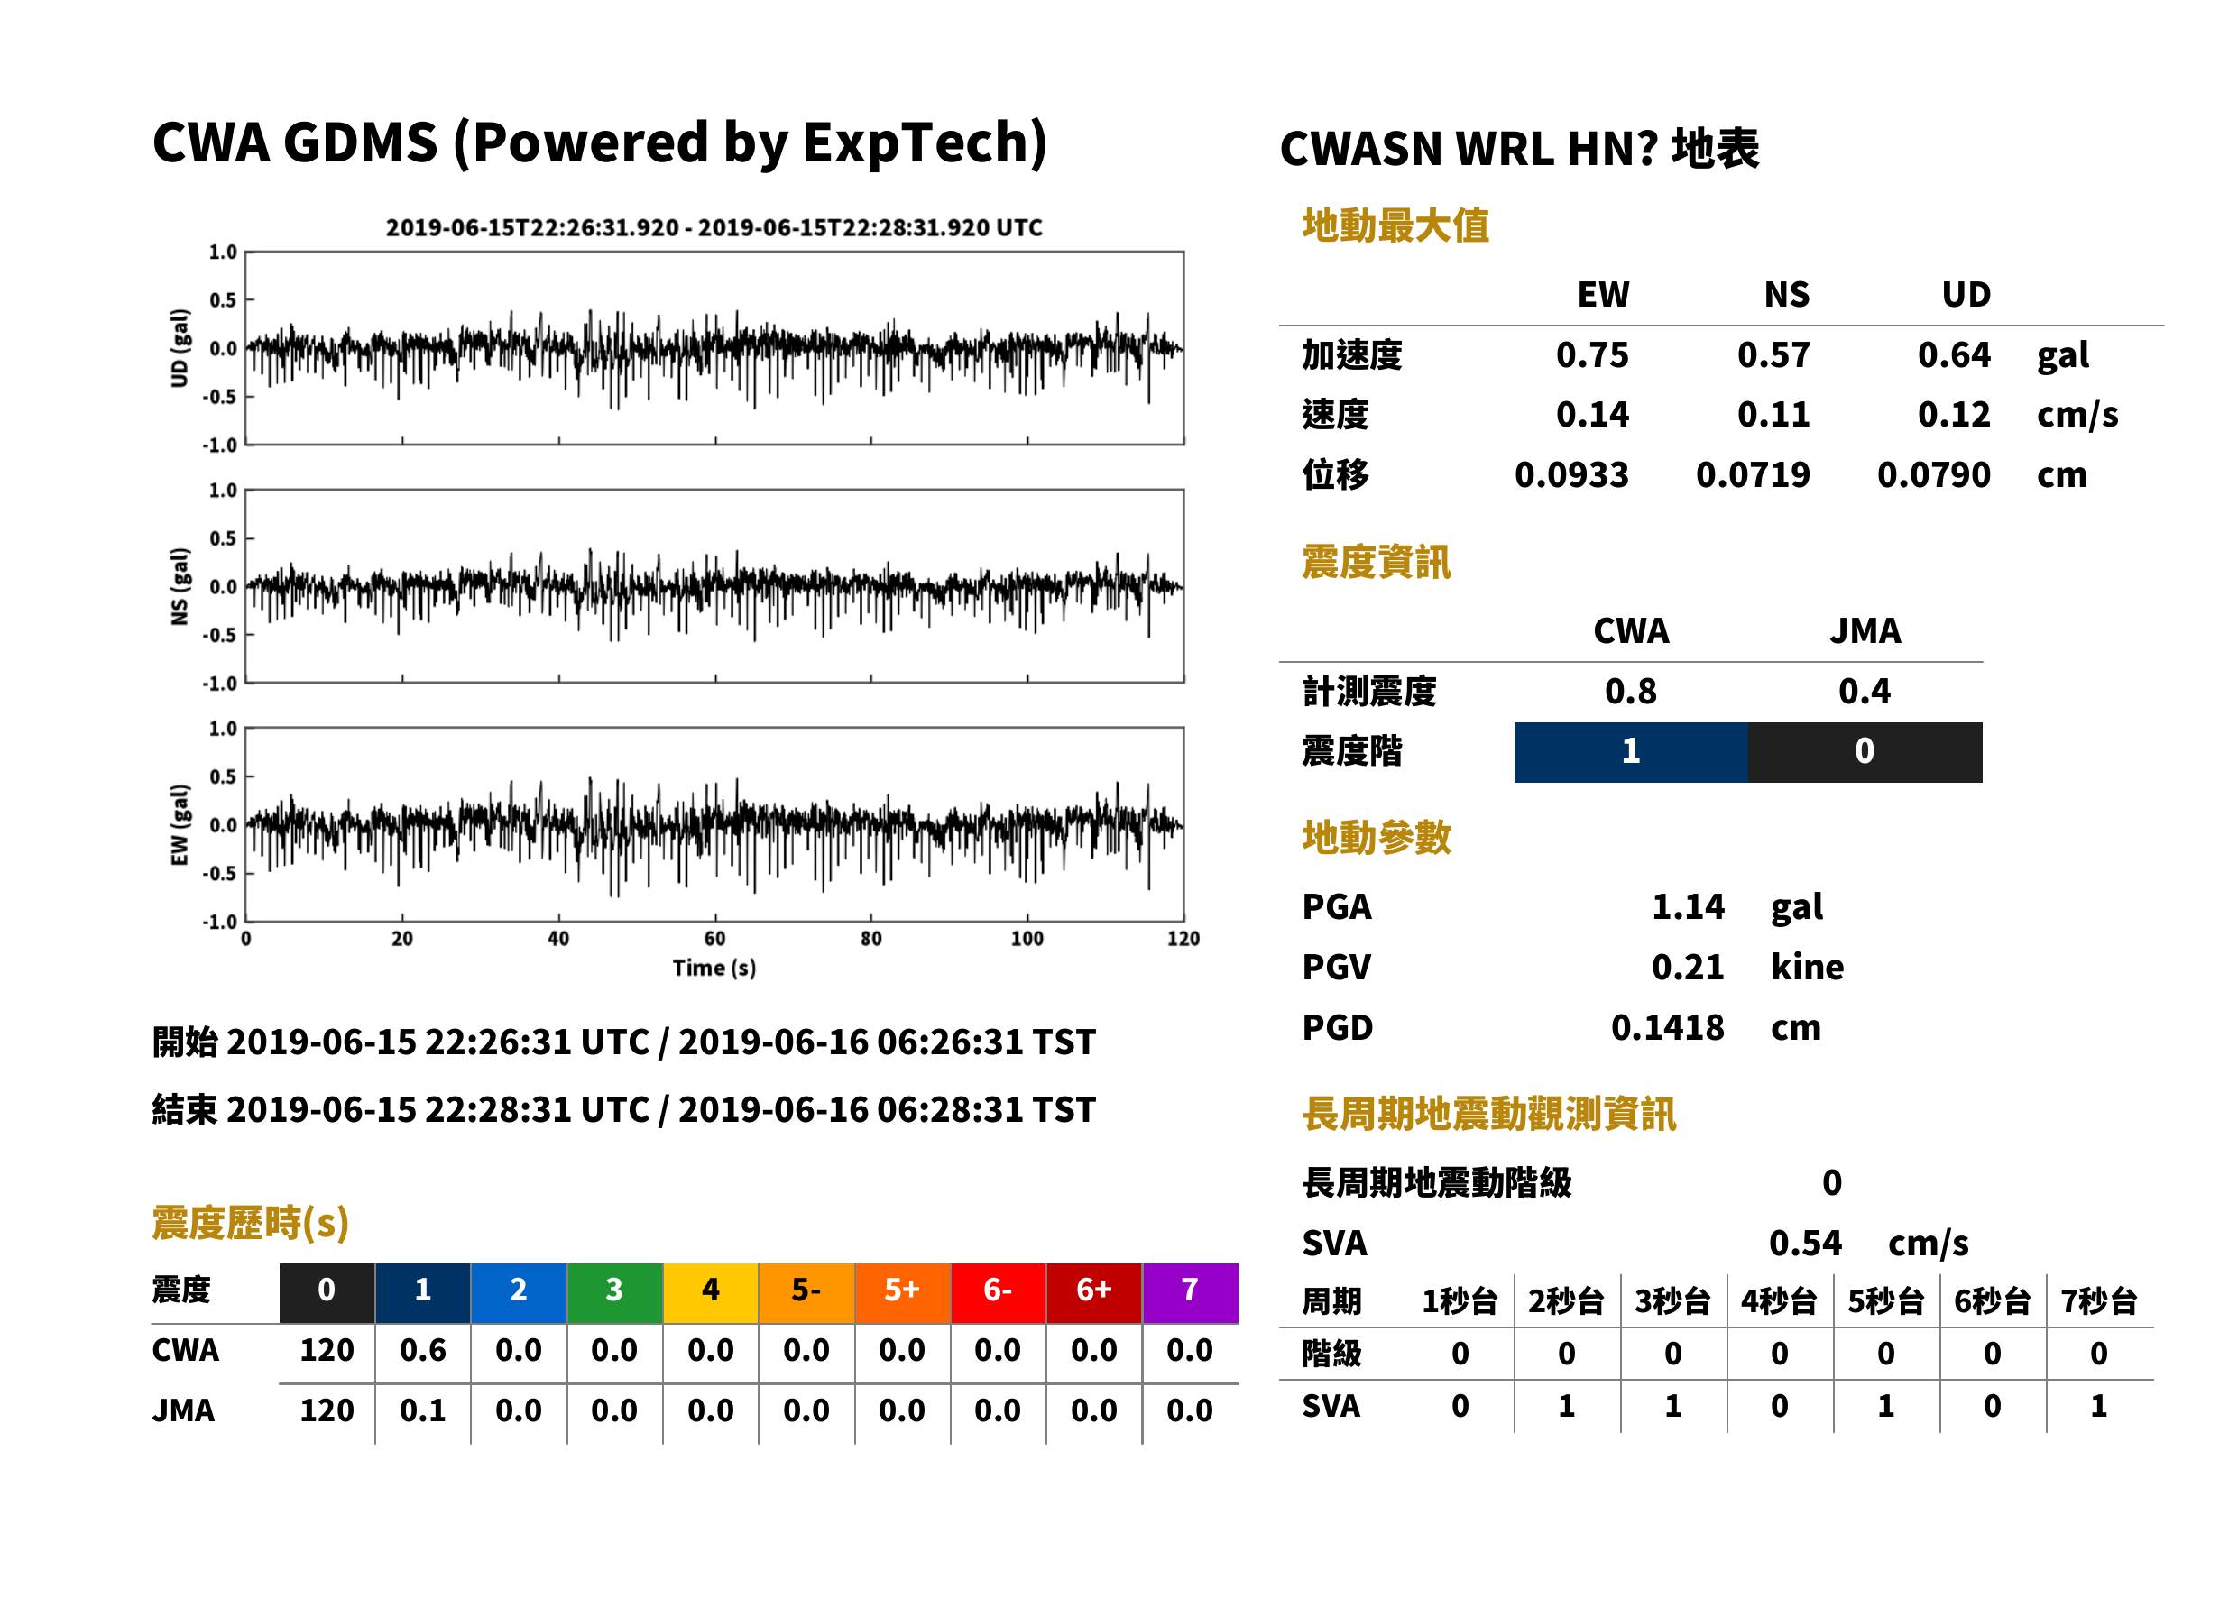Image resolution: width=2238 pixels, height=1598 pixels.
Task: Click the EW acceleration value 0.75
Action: coord(1591,355)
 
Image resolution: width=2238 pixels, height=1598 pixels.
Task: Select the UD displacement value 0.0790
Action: coord(1933,475)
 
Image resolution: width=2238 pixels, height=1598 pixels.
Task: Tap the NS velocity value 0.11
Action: coord(1773,415)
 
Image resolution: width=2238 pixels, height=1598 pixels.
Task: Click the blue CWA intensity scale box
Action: coord(1631,752)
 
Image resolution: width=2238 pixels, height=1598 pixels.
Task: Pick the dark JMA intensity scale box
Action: coord(1865,752)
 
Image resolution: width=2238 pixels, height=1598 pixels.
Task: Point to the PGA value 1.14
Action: coord(1688,906)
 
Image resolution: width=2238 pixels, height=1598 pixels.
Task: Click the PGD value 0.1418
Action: coord(1668,1028)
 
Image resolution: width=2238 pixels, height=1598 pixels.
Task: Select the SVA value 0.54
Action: coord(1805,1244)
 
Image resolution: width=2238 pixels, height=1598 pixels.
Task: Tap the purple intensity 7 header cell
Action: coord(1190,1291)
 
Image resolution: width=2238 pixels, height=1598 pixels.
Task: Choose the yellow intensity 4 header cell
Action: coord(711,1291)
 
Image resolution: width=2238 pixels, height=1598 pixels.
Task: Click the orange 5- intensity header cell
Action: coord(806,1291)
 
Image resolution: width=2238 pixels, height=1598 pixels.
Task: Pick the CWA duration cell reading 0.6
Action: coord(422,1351)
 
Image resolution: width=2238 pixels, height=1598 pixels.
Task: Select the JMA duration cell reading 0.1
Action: coord(422,1411)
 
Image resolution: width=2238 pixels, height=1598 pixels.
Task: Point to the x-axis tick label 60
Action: coord(714,939)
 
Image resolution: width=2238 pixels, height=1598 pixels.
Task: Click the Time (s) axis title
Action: coord(714,969)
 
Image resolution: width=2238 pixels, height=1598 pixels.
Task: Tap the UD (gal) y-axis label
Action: coord(180,348)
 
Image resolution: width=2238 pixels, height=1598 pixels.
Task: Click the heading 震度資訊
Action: coord(1376,563)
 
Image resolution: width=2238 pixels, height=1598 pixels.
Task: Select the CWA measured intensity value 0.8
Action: coord(1631,692)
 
